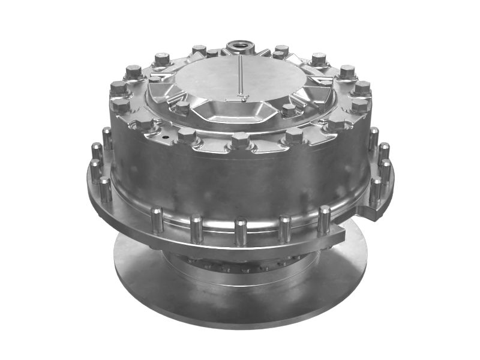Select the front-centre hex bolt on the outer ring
click(x=240, y=141)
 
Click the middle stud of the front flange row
click(x=241, y=230)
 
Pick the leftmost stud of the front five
click(x=157, y=218)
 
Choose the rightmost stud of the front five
click(x=324, y=218)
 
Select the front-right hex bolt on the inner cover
click(x=289, y=110)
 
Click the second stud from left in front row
click(x=196, y=227)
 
